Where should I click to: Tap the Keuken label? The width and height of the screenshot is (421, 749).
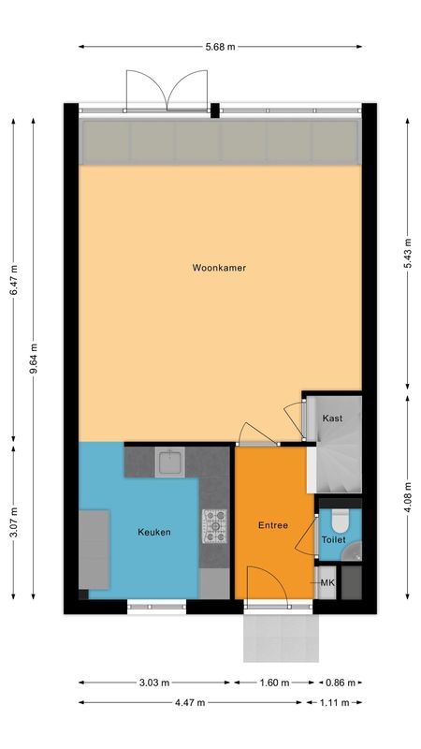pyautogui.click(x=153, y=532)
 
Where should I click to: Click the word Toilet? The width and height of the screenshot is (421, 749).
pyautogui.click(x=334, y=540)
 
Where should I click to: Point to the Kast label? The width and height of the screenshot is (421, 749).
pyautogui.click(x=332, y=419)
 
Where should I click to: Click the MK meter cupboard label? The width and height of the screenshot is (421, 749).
pyautogui.click(x=327, y=583)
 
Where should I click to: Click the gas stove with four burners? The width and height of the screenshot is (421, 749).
pyautogui.click(x=214, y=525)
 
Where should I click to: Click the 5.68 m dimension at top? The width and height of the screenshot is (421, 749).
pyautogui.click(x=220, y=45)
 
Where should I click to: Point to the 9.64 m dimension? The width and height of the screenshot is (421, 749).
pyautogui.click(x=35, y=359)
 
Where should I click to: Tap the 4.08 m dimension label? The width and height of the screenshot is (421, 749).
pyautogui.click(x=407, y=492)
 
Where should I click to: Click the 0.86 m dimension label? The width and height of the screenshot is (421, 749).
pyautogui.click(x=341, y=683)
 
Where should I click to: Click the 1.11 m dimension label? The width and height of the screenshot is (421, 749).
pyautogui.click(x=341, y=702)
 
